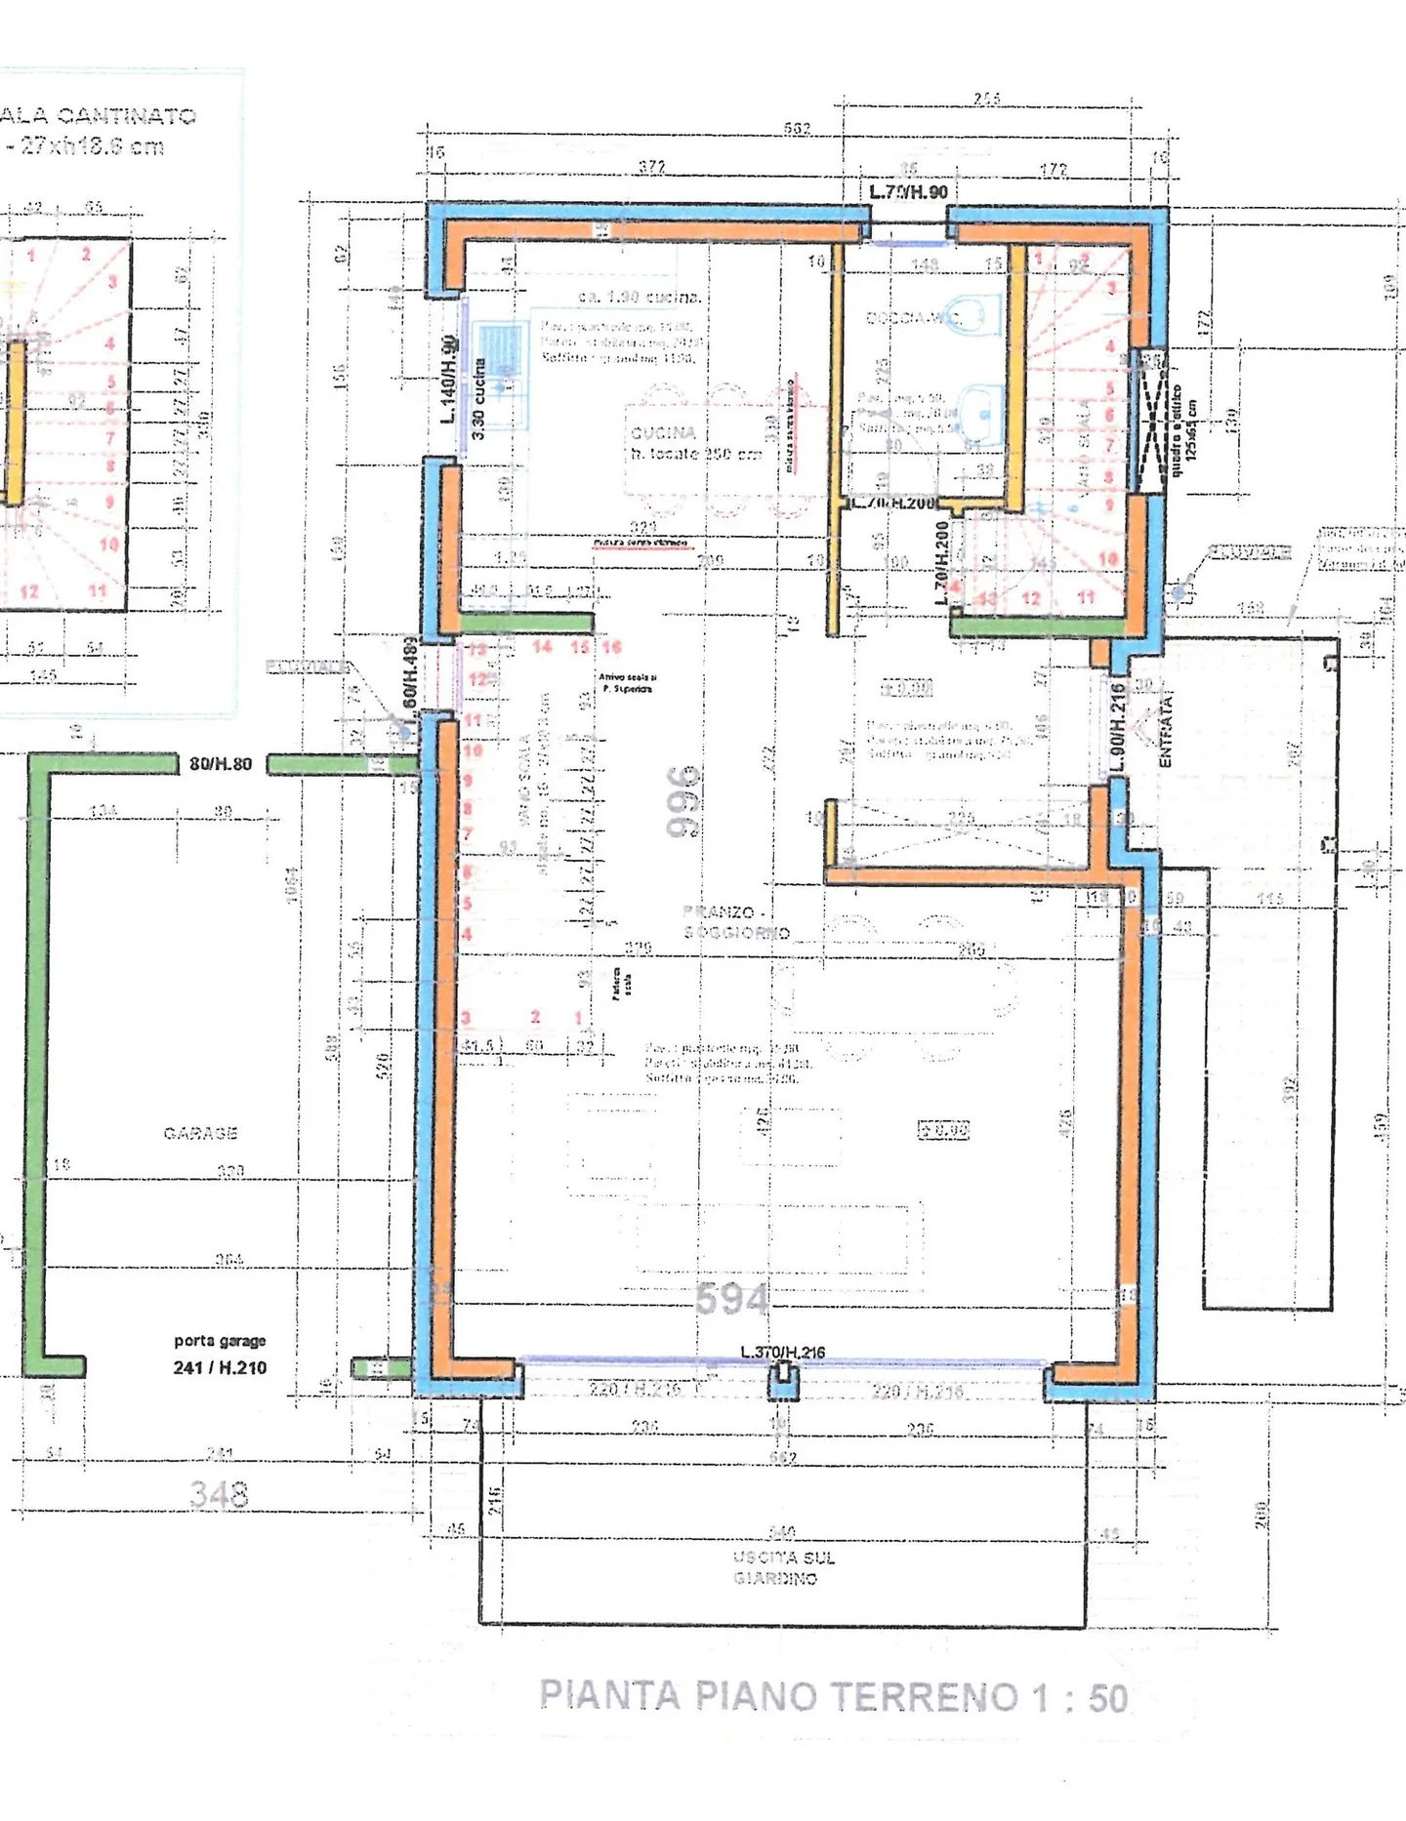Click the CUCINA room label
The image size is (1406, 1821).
pyautogui.click(x=664, y=432)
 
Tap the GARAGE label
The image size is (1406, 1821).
pyautogui.click(x=200, y=1133)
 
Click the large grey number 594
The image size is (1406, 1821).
pyautogui.click(x=732, y=1299)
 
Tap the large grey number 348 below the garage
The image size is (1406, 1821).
pyautogui.click(x=219, y=1494)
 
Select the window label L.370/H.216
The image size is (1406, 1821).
pyautogui.click(x=782, y=1353)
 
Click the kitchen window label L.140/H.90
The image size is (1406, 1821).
pyautogui.click(x=448, y=379)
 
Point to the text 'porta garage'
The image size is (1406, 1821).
pyautogui.click(x=220, y=1341)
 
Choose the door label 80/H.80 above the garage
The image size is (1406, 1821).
pyautogui.click(x=221, y=764)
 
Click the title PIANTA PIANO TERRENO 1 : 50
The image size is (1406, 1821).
pyautogui.click(x=834, y=1697)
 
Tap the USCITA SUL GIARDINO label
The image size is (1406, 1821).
pyautogui.click(x=782, y=1567)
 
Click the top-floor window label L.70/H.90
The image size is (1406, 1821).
pyautogui.click(x=908, y=192)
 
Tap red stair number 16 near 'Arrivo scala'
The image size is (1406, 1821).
pyautogui.click(x=612, y=647)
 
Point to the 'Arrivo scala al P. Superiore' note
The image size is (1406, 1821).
pyautogui.click(x=627, y=682)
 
